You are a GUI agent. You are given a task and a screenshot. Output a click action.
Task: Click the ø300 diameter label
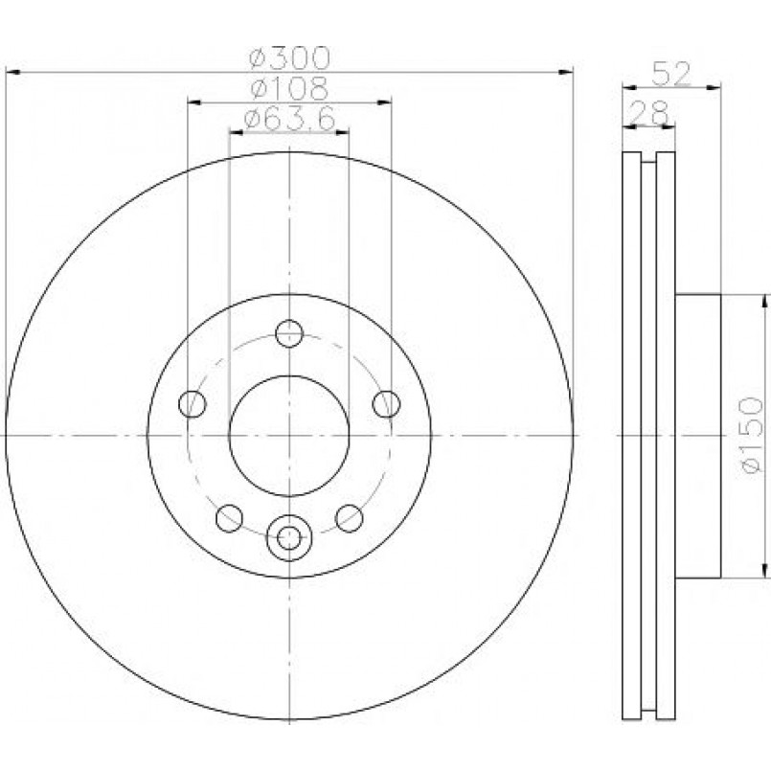[289, 58]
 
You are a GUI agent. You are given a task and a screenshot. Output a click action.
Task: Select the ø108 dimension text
[289, 88]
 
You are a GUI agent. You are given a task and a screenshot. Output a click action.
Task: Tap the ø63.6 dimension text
[289, 119]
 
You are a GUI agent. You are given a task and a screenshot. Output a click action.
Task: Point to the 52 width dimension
[671, 74]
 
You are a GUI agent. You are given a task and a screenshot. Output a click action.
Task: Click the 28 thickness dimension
[649, 113]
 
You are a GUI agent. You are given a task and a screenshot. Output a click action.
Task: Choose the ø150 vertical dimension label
[753, 436]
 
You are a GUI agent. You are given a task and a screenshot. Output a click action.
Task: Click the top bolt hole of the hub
[289, 333]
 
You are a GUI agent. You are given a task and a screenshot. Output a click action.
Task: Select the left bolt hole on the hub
[193, 403]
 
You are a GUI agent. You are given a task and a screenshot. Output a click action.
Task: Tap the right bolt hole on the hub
[387, 403]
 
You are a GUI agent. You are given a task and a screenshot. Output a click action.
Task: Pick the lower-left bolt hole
[230, 518]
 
